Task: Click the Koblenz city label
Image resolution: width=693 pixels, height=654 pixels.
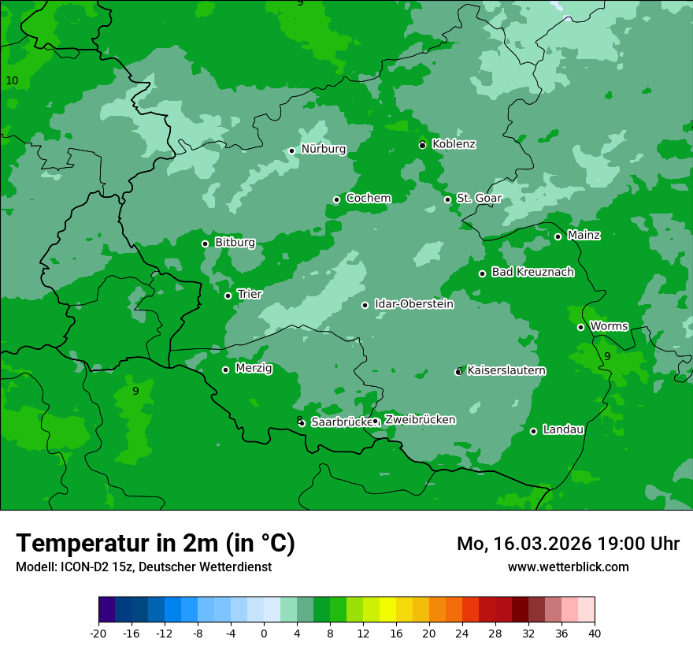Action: [x=454, y=144]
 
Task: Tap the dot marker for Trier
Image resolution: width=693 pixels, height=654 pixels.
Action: [x=228, y=296]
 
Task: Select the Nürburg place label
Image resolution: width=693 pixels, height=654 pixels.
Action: [x=323, y=149]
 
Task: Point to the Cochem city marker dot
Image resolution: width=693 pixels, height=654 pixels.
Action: [x=336, y=199]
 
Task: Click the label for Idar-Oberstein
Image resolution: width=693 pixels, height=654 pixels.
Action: [x=413, y=304]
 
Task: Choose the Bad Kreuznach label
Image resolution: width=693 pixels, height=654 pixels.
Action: [x=532, y=272]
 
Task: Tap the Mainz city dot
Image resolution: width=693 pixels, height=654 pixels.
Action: [x=558, y=236]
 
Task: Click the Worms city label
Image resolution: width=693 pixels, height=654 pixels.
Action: [x=609, y=326]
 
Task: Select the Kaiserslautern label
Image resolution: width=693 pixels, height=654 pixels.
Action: [x=506, y=370]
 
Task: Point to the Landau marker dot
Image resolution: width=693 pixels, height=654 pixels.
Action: [x=533, y=431]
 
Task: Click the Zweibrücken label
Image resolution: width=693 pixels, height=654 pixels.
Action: [x=420, y=419]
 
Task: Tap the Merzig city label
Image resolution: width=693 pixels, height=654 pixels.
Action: [x=254, y=368]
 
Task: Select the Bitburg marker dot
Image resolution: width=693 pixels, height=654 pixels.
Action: [x=205, y=243]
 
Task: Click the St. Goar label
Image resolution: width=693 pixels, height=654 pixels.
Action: [x=479, y=199]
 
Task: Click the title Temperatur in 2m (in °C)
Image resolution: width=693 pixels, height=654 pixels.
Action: [x=155, y=543]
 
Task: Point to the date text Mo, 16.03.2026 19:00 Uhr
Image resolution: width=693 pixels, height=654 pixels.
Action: [x=568, y=544]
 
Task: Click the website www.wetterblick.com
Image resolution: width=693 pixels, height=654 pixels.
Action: [x=568, y=567]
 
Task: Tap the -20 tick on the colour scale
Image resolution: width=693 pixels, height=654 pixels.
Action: [x=98, y=633]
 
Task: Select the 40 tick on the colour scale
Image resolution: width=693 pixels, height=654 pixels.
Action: [x=595, y=633]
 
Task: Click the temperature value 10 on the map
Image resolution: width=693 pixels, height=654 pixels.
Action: [x=12, y=81]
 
